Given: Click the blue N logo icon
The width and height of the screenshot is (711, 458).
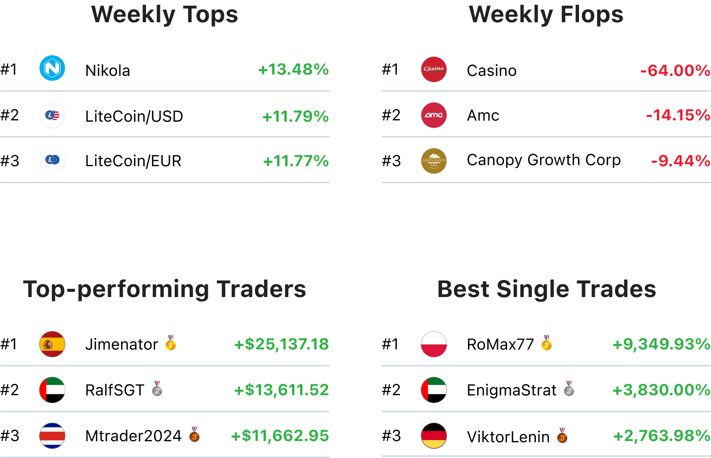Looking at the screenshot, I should pyautogui.click(x=52, y=68).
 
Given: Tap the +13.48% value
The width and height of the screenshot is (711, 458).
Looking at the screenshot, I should pyautogui.click(x=293, y=69).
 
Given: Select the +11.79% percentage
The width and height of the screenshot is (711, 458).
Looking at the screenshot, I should pyautogui.click(x=295, y=116).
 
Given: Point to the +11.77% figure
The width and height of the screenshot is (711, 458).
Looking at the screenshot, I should pyautogui.click(x=296, y=161).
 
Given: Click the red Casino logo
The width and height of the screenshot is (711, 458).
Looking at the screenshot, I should pyautogui.click(x=434, y=69).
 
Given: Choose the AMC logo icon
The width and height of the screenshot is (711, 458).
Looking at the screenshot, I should pyautogui.click(x=434, y=115).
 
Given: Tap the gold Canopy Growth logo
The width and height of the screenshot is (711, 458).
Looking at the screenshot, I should pyautogui.click(x=434, y=161).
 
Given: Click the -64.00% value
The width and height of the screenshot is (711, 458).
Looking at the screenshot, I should pyautogui.click(x=675, y=70).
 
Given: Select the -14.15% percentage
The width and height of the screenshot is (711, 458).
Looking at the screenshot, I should pyautogui.click(x=678, y=115).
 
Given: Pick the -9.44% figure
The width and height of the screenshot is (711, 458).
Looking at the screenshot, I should pyautogui.click(x=681, y=161).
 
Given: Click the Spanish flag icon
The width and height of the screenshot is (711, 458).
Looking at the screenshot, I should pyautogui.click(x=52, y=344).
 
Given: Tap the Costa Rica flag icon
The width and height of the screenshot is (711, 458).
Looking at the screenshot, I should pyautogui.click(x=52, y=435).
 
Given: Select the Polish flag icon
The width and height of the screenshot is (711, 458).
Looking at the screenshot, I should pyautogui.click(x=434, y=344).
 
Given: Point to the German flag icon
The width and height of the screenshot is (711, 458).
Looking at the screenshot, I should pyautogui.click(x=434, y=435).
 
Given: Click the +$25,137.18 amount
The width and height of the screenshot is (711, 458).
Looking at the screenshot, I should pyautogui.click(x=281, y=344).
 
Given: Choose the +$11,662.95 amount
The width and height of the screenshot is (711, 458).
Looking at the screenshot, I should pyautogui.click(x=280, y=435).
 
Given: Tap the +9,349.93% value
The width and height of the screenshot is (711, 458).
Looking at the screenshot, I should pyautogui.click(x=661, y=344).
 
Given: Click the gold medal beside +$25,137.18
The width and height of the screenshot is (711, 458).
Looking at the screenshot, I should pyautogui.click(x=171, y=343).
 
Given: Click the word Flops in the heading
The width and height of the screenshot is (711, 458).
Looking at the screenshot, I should pyautogui.click(x=592, y=14).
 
